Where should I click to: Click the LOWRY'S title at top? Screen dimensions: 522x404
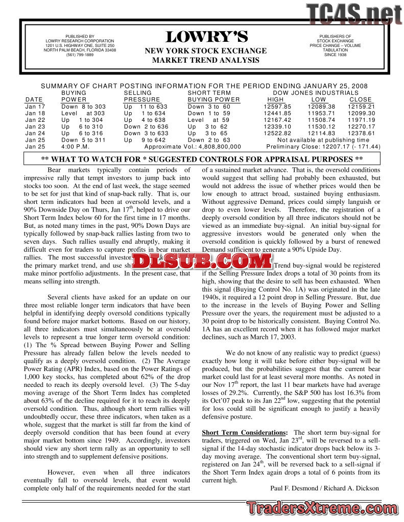206,37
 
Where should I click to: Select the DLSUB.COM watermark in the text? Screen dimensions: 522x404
203,262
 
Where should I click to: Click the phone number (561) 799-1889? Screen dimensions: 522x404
80,55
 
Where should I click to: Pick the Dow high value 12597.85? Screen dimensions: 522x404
277,107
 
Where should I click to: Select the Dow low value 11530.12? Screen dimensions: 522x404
321,126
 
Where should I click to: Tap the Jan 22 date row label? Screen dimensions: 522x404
35,120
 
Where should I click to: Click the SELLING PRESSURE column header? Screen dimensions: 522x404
142,96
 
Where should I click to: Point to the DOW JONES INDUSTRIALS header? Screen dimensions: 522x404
316,93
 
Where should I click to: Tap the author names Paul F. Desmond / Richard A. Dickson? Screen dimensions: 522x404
324,488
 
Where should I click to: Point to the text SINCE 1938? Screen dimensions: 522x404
335,55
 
